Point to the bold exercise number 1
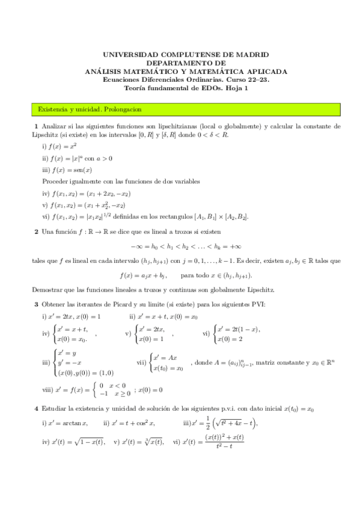point(36,126)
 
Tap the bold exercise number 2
point(36,231)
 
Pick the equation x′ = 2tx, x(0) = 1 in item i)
point(75,316)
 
